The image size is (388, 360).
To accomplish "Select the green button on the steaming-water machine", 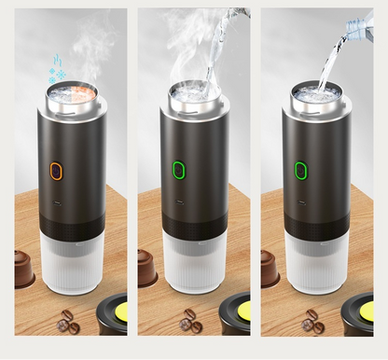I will [x=180, y=170].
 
